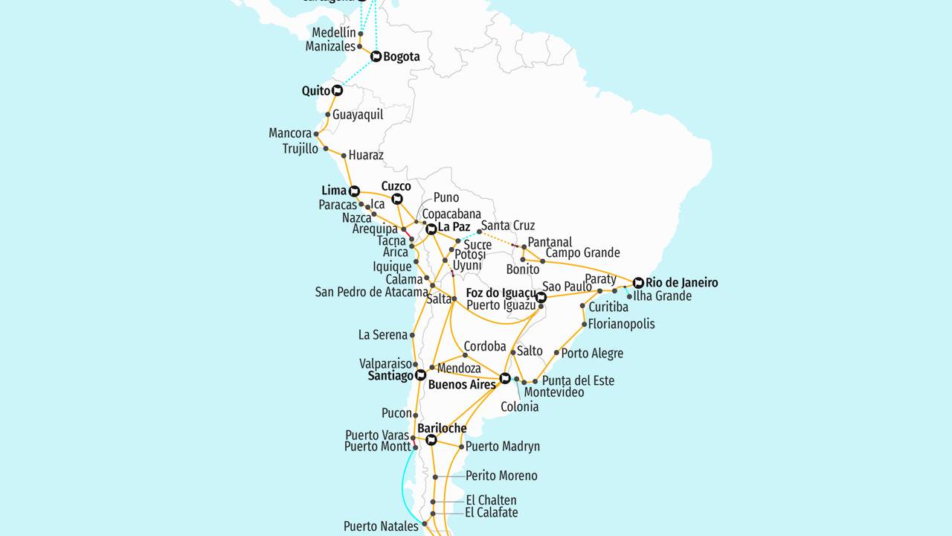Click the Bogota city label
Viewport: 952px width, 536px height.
click(402, 57)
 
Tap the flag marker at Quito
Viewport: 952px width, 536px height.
click(338, 91)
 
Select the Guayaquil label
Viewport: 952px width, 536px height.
click(358, 115)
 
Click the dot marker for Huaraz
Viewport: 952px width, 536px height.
click(344, 156)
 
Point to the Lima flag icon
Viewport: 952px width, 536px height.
click(354, 191)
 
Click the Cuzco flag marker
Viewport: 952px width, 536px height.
click(397, 199)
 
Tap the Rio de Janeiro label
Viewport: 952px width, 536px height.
click(682, 283)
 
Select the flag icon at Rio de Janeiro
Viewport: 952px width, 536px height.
click(638, 283)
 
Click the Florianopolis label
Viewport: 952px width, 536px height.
click(622, 324)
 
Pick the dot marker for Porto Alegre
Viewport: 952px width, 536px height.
click(556, 353)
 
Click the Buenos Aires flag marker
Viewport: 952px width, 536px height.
click(505, 378)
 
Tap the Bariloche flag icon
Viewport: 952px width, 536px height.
click(431, 440)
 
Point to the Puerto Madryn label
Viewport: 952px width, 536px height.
click(503, 447)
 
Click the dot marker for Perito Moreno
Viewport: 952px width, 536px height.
click(434, 476)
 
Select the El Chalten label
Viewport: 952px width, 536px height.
click(491, 500)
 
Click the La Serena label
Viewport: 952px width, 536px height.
click(383, 335)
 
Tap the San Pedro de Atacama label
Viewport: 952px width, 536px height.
click(372, 292)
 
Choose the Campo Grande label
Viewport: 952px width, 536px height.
click(583, 253)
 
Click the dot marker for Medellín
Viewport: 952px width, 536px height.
click(361, 33)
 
